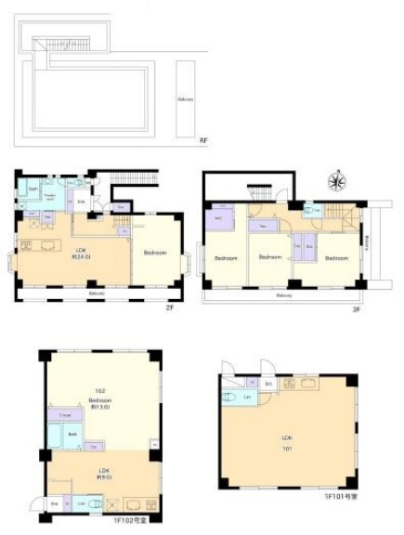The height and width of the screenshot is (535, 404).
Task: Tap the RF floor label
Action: [203, 140]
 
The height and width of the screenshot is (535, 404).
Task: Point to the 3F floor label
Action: [355, 308]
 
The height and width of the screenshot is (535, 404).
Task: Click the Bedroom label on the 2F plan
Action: [155, 252]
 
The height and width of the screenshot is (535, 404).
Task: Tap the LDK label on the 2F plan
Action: [83, 251]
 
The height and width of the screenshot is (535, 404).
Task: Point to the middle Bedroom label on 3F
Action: [269, 256]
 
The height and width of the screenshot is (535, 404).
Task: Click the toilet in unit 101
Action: [229, 397]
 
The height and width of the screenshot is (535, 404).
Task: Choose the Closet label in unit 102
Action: [65, 415]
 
